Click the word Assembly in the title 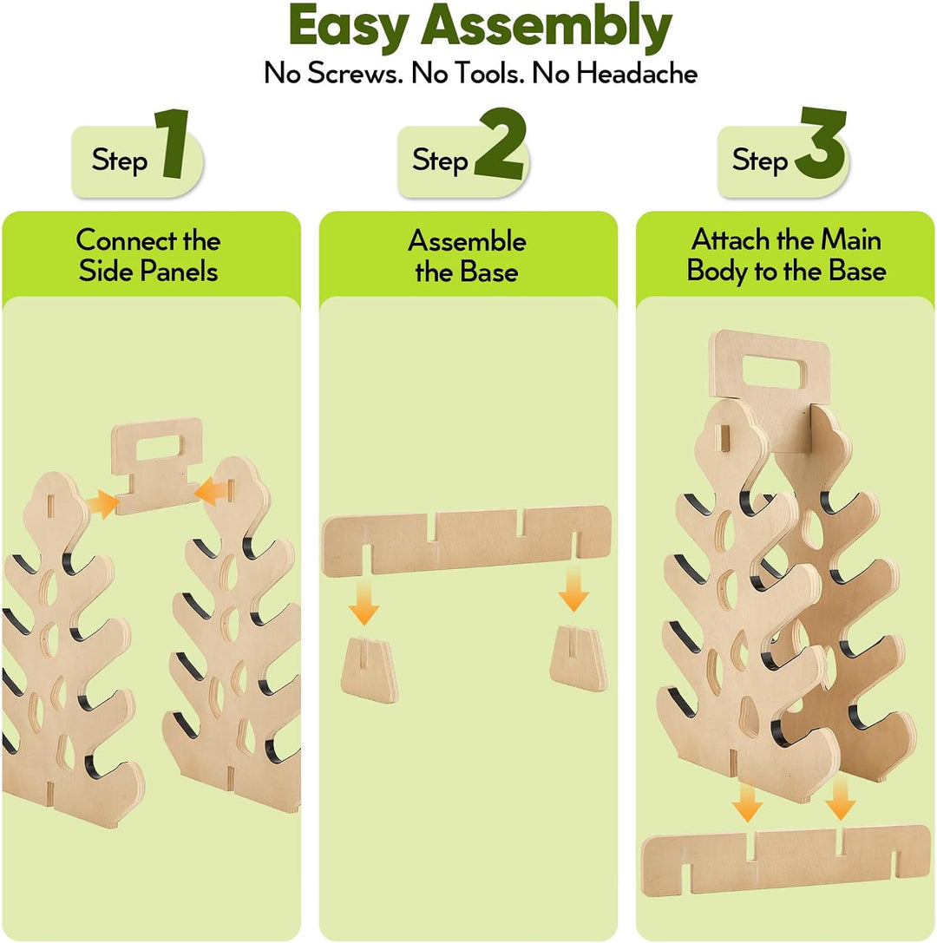point(546,28)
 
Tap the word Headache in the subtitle point(637,74)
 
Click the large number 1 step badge point(172,143)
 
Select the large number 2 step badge point(500,143)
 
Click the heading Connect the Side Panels point(148,256)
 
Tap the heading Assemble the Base point(468,256)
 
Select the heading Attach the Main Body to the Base point(787,255)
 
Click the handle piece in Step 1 point(157,466)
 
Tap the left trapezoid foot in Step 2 point(370,671)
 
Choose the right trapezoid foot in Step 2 point(578,658)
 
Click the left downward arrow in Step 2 point(364,601)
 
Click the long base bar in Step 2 point(466,540)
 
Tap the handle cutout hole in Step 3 point(773,372)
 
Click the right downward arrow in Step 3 point(840,796)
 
